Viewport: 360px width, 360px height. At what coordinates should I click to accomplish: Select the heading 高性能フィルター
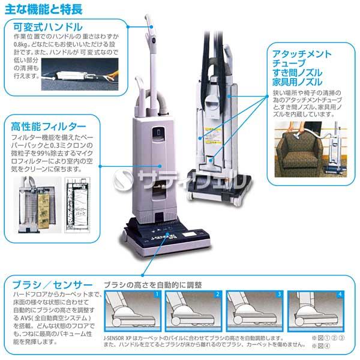click(x=49, y=127)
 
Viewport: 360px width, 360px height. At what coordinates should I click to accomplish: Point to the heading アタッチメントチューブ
click(x=294, y=59)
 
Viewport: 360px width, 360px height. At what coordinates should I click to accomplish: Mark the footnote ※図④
click(x=317, y=346)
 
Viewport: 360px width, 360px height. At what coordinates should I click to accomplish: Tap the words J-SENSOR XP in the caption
click(x=122, y=338)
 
